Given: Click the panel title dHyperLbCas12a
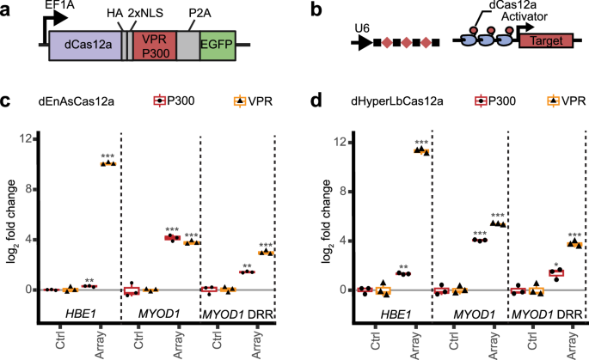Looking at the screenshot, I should (x=373, y=101).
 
